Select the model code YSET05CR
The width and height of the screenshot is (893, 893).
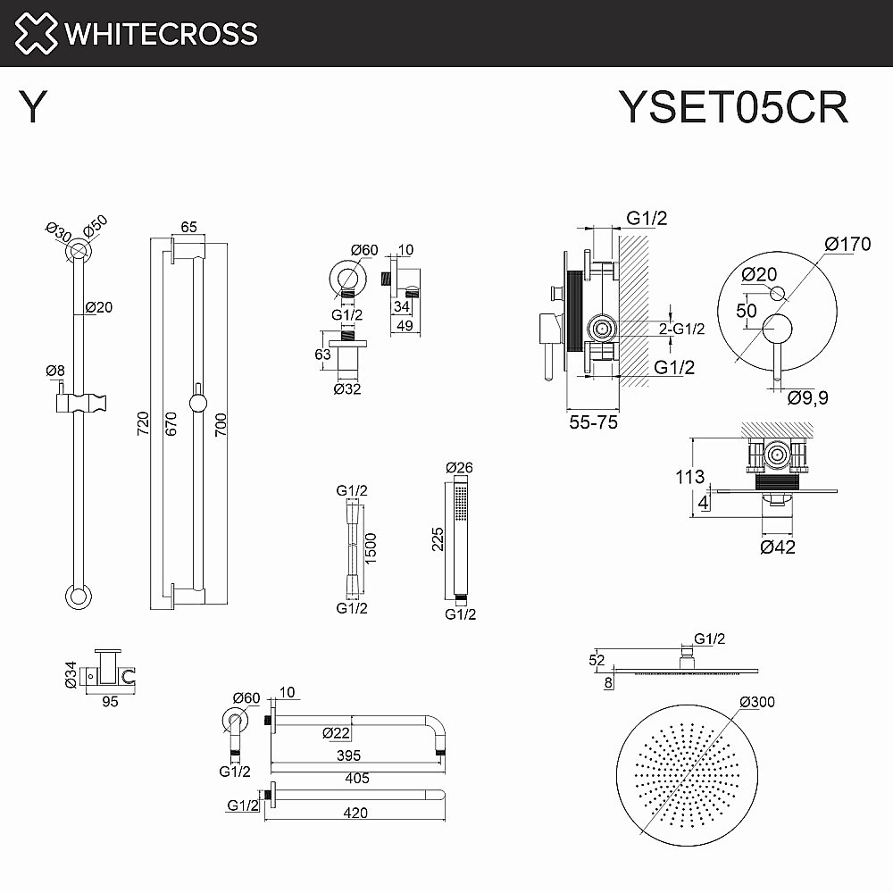733,108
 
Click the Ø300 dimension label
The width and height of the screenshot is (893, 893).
757,702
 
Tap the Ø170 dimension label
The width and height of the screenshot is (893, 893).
847,244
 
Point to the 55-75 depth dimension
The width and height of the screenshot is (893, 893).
592,422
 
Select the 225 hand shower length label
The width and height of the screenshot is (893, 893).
437,538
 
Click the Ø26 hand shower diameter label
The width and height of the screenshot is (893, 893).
458,467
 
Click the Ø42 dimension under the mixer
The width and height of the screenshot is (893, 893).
777,547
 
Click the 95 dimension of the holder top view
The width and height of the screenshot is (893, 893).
110,702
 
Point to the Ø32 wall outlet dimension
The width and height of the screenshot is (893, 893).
348,388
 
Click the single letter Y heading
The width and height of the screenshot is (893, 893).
33,109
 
